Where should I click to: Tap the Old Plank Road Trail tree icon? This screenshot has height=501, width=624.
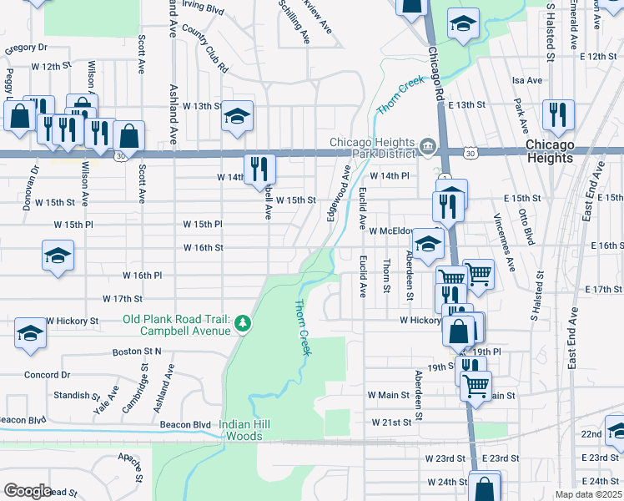[243, 322]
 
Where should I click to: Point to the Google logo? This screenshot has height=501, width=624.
[27, 491]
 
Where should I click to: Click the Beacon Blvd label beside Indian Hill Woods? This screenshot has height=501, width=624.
[190, 424]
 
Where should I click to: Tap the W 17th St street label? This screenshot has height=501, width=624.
[123, 298]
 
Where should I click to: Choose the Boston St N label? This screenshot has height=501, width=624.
[137, 352]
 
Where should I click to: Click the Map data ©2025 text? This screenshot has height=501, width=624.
[589, 494]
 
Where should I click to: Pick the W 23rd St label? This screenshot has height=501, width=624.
[445, 458]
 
